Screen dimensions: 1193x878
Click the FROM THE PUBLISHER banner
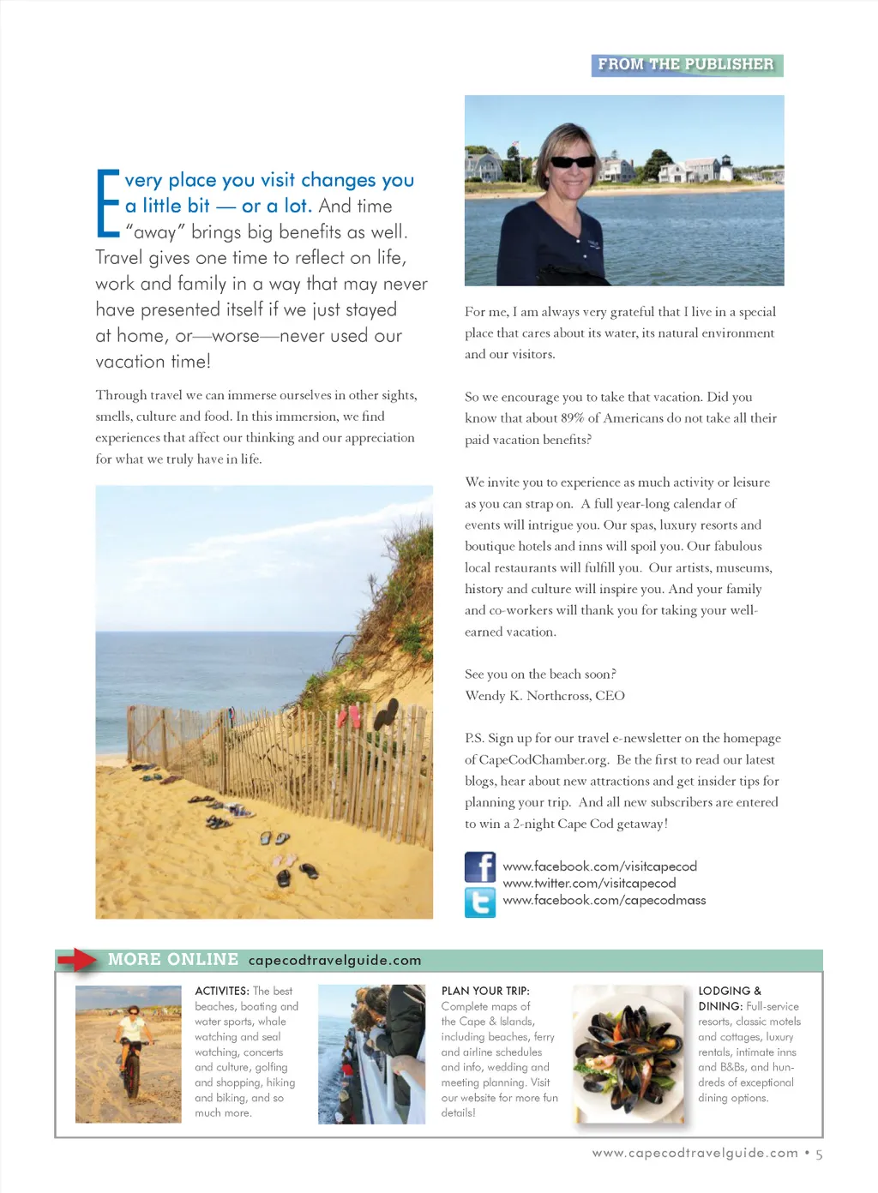coord(686,65)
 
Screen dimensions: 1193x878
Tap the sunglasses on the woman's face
coord(573,161)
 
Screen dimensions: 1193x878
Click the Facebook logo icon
coord(480,867)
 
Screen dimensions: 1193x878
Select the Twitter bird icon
coord(480,902)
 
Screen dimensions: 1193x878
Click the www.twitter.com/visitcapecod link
coord(589,883)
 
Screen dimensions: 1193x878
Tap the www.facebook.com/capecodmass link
coord(604,900)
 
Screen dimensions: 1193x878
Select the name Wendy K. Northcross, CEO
coord(544,695)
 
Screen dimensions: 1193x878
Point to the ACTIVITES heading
coord(222,991)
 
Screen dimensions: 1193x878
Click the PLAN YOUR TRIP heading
coord(485,991)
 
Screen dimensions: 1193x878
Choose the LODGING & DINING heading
coord(729,998)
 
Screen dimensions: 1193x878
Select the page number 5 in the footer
coord(819,1154)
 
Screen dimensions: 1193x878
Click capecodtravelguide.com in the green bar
coord(334,960)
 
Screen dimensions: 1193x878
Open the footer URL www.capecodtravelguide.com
coord(695,1153)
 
